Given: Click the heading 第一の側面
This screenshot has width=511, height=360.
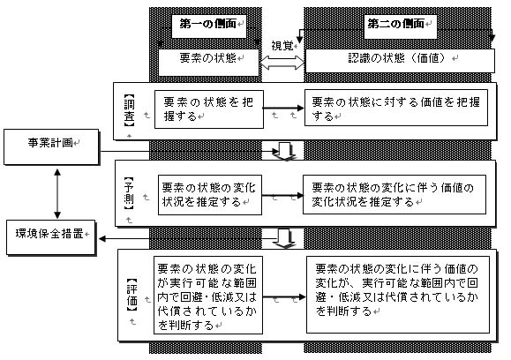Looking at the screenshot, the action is coord(208,24).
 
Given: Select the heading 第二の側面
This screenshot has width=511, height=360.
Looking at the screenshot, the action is coord(396,24).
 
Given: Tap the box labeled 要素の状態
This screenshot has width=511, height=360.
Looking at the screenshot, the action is coord(208,63).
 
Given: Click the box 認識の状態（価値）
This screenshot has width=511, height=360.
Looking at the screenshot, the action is coord(400,61).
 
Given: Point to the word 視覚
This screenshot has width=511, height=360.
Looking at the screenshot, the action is coord(282,46).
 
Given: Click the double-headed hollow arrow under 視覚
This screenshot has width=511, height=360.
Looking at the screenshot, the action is coord(282,63).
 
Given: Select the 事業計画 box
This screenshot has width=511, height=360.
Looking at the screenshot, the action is coord(51,147).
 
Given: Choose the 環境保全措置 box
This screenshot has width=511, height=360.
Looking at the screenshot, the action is coord(51,237).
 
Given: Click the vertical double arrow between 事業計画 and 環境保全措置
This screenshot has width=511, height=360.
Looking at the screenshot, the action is coord(57,193).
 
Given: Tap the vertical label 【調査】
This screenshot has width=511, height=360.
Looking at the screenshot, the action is coord(130,110).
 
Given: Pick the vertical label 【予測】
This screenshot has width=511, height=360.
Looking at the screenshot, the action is coord(129,193).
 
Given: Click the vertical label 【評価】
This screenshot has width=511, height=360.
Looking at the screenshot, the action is coord(132,295).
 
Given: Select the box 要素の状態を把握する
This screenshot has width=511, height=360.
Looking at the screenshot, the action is coord(209,109).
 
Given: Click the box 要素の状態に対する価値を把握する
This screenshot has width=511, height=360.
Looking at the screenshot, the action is coord(396,108).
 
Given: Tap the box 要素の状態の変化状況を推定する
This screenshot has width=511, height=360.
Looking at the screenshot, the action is coord(210,195).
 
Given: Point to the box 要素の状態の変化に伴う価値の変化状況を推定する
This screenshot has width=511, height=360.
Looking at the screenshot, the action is coord(395,194).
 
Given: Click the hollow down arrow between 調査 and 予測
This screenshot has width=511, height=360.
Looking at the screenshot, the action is coord(284,151).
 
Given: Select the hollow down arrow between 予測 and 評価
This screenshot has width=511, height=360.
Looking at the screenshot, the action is coord(284,238).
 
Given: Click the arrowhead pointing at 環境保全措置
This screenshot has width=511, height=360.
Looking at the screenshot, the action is coord(102,239).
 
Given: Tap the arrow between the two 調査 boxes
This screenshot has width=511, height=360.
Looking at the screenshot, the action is coord(283,108).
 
